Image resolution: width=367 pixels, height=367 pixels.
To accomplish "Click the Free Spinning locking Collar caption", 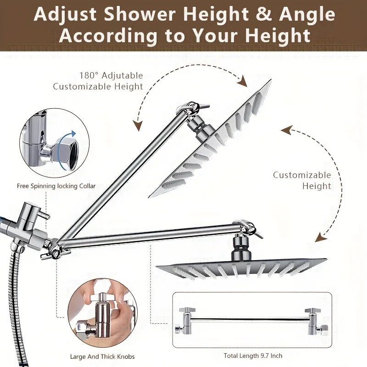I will point(56,186).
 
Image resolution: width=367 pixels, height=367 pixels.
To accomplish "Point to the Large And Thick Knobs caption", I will point(98,356).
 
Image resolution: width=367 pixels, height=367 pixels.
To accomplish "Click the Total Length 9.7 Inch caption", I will point(253,356).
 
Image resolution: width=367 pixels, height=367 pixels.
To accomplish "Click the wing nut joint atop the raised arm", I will point(191,109).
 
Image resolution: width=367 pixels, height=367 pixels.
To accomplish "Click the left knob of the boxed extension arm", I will point(186,320).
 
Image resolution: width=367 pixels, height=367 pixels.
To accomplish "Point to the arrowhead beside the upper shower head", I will point(243,83).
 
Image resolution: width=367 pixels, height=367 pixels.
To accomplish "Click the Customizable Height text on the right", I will point(301,180).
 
